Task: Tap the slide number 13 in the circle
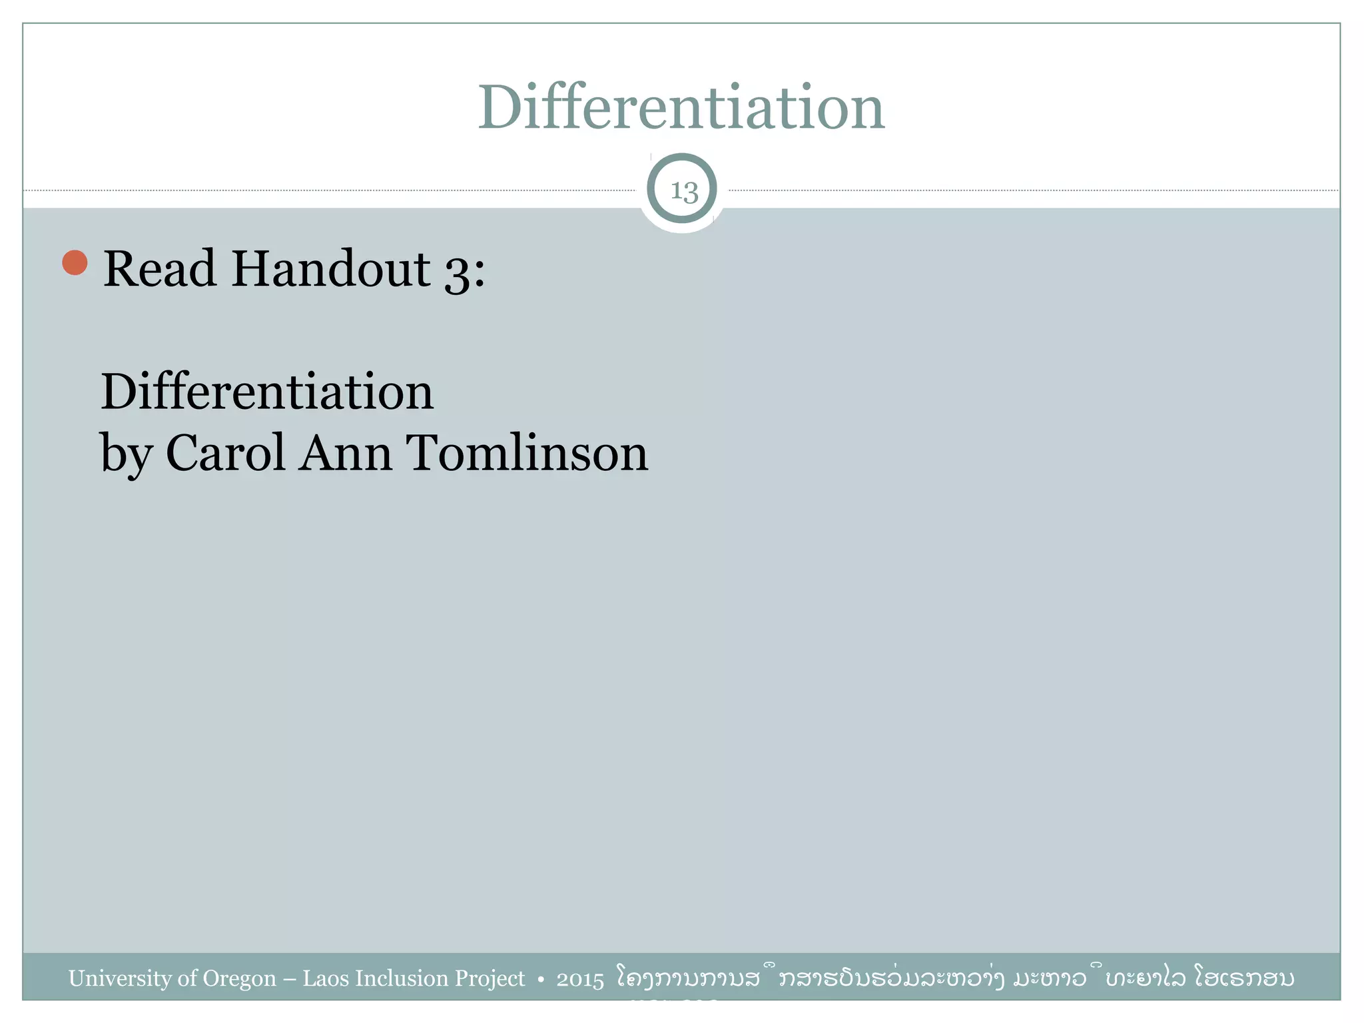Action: [683, 191]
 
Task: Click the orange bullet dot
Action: [75, 262]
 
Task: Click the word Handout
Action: [331, 269]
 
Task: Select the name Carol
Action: [226, 453]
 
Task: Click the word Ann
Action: [345, 453]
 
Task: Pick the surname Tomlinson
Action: [527, 453]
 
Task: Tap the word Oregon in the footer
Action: [239, 979]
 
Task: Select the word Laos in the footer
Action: [325, 978]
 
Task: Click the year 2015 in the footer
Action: [580, 980]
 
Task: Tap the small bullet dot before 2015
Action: [541, 980]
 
